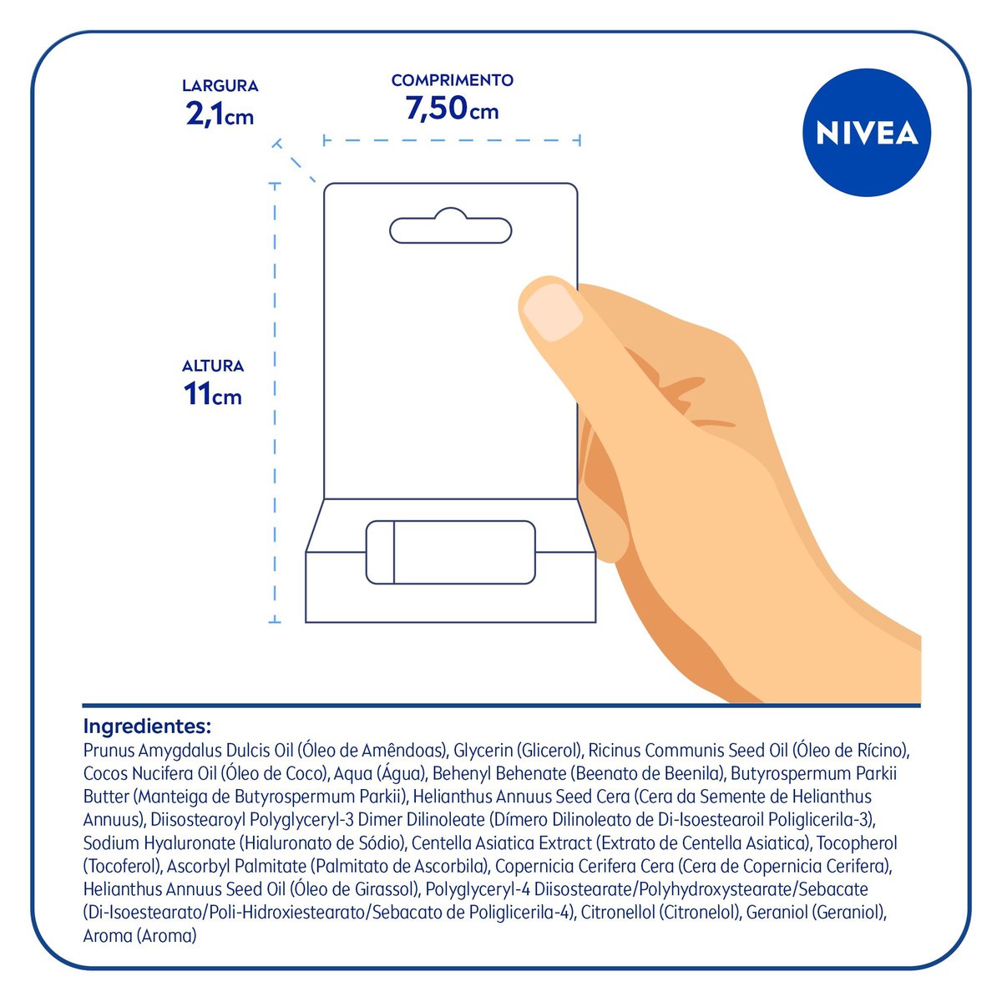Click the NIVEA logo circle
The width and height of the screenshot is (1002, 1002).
click(866, 133)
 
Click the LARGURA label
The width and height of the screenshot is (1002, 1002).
click(220, 86)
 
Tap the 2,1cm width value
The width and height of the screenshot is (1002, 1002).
click(220, 114)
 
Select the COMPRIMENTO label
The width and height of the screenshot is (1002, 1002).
click(452, 80)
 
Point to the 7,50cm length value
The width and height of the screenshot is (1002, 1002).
click(452, 109)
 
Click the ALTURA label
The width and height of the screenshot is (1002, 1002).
click(213, 366)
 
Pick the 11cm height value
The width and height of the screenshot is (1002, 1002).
click(213, 393)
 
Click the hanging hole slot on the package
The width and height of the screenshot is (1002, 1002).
click(450, 225)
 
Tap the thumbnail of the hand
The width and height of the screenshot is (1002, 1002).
click(552, 312)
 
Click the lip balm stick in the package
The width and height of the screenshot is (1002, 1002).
click(450, 552)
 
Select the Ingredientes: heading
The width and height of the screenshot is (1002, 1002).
click(147, 726)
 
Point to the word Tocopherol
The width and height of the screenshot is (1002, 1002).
click(857, 843)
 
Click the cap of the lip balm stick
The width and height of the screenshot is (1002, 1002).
click(380, 552)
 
